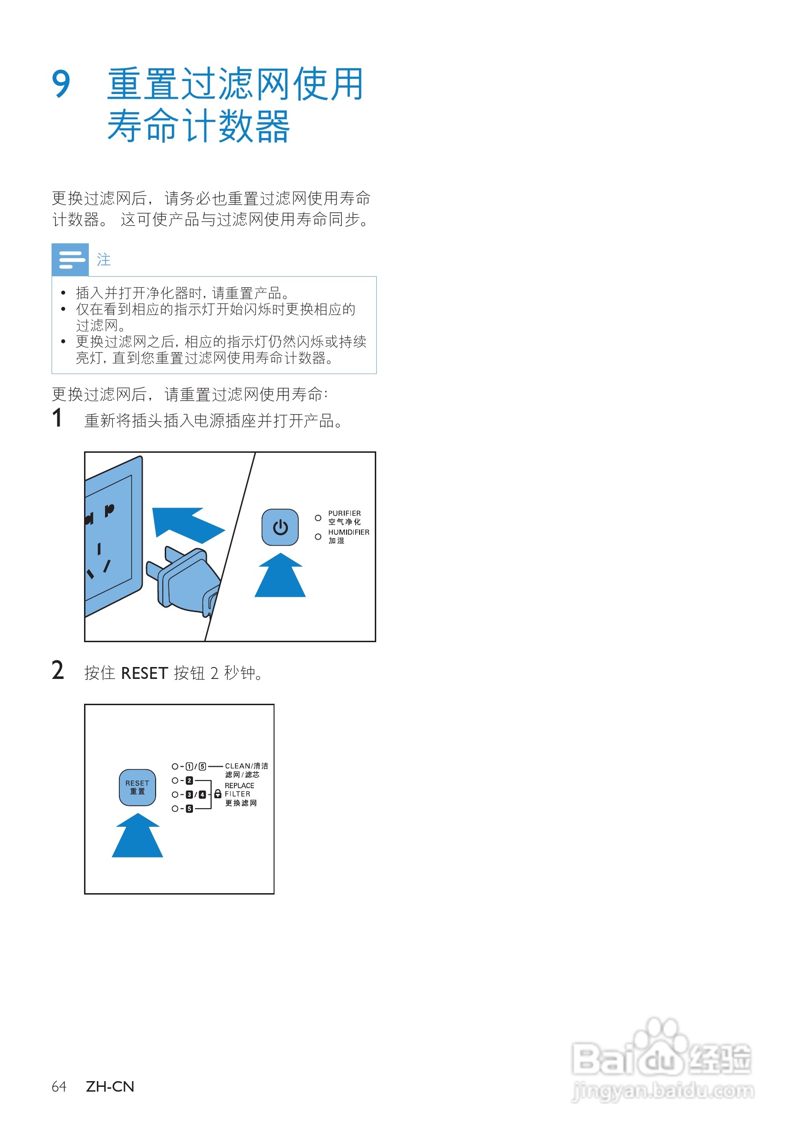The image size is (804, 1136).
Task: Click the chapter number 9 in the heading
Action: click(x=62, y=84)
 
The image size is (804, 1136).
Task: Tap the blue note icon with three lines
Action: click(x=70, y=259)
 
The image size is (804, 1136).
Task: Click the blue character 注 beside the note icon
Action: click(x=104, y=260)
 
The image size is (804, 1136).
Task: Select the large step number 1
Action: click(x=57, y=418)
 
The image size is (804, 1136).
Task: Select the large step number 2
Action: click(x=58, y=671)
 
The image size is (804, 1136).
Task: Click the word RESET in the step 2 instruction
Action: click(x=144, y=673)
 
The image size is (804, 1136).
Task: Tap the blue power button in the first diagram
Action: click(x=280, y=527)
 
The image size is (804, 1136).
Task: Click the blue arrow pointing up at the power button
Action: click(x=280, y=576)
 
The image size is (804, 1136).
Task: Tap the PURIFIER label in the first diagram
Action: click(x=345, y=513)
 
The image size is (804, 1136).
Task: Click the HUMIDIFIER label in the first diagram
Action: click(x=349, y=532)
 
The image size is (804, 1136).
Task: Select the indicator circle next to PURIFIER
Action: click(x=318, y=518)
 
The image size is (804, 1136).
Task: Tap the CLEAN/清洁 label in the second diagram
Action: click(x=246, y=766)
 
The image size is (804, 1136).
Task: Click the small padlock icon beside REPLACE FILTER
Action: click(x=217, y=794)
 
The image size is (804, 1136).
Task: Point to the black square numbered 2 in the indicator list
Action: click(x=189, y=780)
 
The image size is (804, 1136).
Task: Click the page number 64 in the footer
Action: click(x=59, y=1086)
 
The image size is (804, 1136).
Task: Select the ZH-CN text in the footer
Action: click(x=110, y=1086)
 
